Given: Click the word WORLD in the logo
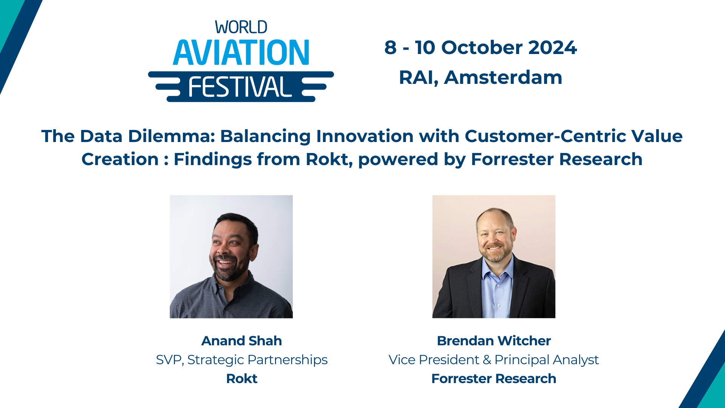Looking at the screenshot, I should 241,28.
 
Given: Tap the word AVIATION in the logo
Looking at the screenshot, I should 241,53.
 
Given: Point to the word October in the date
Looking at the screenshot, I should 482,48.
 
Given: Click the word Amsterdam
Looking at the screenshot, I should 503,77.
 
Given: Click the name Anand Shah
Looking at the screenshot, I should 241,341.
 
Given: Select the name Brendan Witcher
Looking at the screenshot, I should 493,341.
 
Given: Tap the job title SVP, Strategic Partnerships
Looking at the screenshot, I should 241,360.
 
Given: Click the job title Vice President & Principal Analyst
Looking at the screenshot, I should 493,360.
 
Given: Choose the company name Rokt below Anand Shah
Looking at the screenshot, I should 241,379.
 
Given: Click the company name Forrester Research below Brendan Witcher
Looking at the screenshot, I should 493,379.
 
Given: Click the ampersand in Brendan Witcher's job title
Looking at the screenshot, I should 487,360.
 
